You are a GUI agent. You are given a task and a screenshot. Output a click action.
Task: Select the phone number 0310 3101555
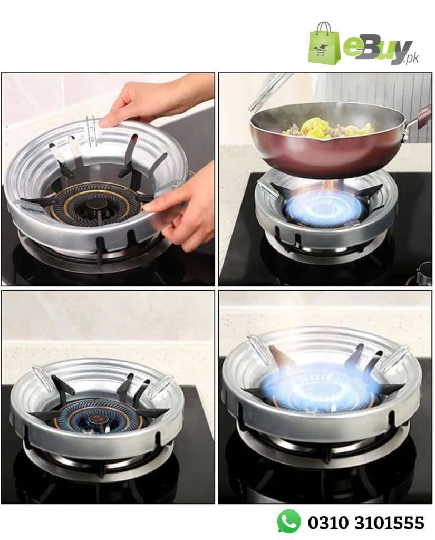point(366,523)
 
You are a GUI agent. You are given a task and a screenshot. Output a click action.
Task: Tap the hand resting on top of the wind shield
point(153,99)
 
